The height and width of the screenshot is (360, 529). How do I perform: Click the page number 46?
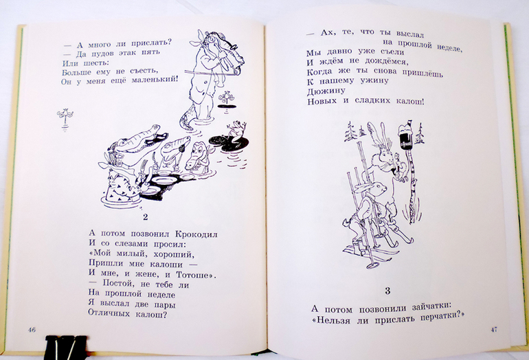pos(32,330)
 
